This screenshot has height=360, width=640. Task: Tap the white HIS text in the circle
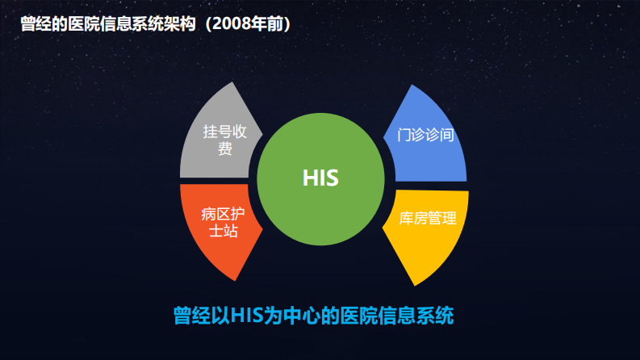[320, 178]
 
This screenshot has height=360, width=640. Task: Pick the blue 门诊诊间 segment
[428, 137]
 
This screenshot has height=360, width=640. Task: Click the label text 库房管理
[428, 218]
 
